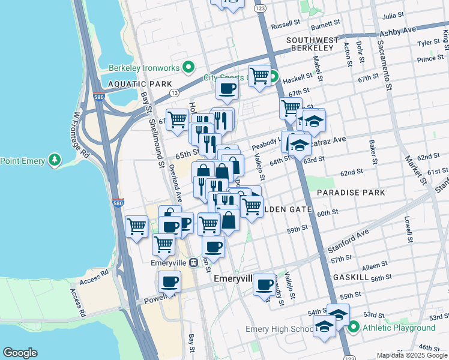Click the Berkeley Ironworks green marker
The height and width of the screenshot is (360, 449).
pos(188,67)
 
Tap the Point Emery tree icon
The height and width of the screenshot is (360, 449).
pos(55,160)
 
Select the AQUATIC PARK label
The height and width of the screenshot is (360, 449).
pos(140,84)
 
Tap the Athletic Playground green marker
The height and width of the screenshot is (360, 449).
pos(354,328)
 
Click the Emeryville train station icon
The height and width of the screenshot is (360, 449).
pos(193,263)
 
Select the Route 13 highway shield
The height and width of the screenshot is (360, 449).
pos(173,93)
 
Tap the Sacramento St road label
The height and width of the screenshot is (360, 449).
pos(385,66)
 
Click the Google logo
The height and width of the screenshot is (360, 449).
pos(20,353)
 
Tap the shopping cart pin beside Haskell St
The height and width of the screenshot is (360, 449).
pos(259,76)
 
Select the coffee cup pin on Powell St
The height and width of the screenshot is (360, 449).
pos(170,281)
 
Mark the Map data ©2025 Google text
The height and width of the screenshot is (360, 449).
pos(412,355)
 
